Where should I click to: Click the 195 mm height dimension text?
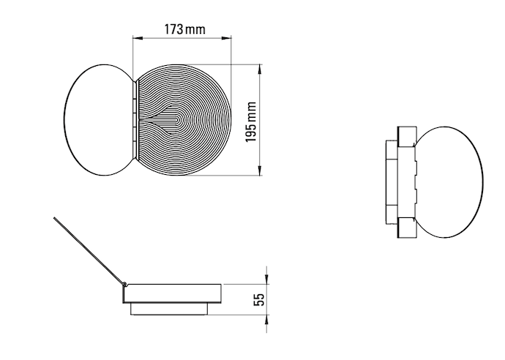coord(251,121)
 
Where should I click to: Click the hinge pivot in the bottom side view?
coord(125,284)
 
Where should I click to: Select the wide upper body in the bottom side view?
coord(172,293)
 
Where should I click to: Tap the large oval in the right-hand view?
coord(450,181)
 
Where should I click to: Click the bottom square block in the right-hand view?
coord(406,228)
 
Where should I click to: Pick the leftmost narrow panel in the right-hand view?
coord(389,181)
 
